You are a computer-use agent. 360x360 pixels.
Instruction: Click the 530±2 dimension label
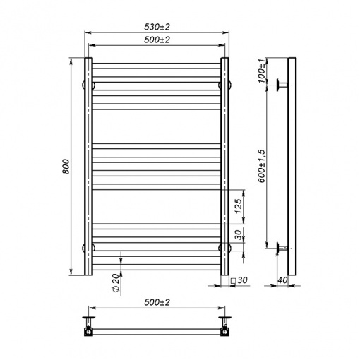point(157,27)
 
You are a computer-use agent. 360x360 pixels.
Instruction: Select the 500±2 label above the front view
point(157,40)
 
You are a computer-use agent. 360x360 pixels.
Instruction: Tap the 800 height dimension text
point(66,167)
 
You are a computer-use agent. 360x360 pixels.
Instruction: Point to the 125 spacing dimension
point(238,206)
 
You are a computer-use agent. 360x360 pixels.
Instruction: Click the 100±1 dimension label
point(262,71)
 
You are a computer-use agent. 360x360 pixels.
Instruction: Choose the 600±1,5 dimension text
point(262,165)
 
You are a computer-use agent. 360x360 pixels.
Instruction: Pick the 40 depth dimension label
point(282,280)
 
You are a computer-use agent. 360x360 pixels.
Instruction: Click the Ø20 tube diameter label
point(116,282)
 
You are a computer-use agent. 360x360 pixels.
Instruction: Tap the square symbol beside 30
point(234,280)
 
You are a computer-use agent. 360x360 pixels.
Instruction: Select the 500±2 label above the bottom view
point(157,302)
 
